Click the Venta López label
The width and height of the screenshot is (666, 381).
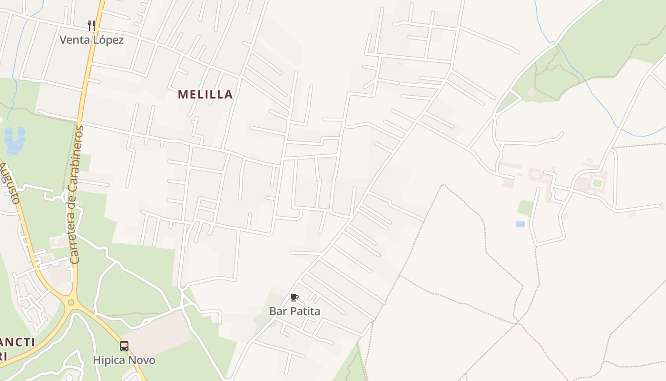tap(91, 40)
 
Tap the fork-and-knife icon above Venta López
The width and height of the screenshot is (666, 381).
tap(91, 25)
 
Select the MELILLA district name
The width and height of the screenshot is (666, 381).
tap(206, 94)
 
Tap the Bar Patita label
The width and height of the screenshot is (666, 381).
tap(294, 311)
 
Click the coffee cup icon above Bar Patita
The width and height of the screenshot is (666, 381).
tap(294, 298)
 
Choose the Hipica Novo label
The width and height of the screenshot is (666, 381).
tap(124, 360)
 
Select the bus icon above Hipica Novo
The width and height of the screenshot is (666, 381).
tap(124, 346)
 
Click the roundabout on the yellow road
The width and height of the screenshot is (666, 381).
tap(71, 302)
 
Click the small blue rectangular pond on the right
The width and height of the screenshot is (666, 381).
tap(520, 224)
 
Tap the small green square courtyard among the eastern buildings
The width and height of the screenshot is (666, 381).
tap(597, 183)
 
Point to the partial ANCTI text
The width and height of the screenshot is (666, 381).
tap(18, 342)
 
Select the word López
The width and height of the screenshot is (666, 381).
tap(108, 40)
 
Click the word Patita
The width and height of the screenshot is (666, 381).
tap(306, 311)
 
